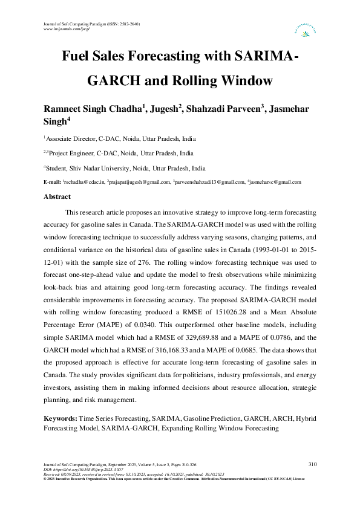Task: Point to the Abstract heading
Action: pos(57,196)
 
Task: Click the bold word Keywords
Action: pos(61,418)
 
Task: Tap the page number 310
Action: pos(312,464)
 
